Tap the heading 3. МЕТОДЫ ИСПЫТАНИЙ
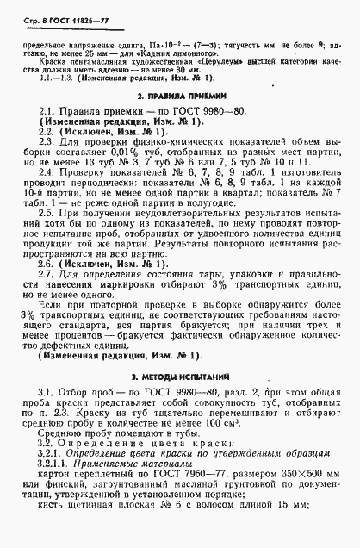[180, 377]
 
